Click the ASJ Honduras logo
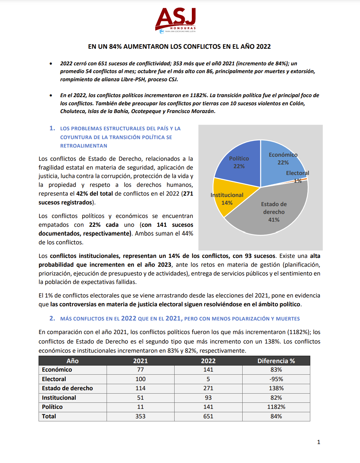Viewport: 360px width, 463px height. (176, 20)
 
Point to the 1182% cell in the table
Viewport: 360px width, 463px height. (276, 407)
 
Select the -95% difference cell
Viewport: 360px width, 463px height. (276, 379)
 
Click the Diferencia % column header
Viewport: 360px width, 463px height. (276, 361)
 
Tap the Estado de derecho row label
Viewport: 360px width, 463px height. (67, 388)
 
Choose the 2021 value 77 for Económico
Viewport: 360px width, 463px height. (140, 370)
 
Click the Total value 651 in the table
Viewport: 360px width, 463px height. (208, 416)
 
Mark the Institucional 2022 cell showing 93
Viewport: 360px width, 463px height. (208, 398)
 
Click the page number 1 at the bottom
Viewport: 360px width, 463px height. (318, 442)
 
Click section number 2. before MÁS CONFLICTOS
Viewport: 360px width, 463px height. (52, 318)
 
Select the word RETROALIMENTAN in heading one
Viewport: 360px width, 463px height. (84, 146)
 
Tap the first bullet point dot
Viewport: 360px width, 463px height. (51, 64)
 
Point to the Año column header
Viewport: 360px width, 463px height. (72, 361)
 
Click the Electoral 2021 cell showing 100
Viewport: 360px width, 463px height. (140, 379)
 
